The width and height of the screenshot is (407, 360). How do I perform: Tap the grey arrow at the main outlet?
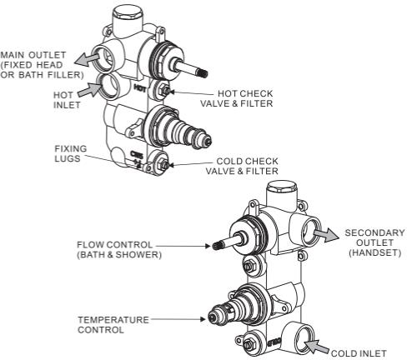tap(87, 60)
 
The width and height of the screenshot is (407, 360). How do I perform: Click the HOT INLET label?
tap(67, 100)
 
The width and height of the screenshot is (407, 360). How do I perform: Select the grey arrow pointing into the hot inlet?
tap(89, 90)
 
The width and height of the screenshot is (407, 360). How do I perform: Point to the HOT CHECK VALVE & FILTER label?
tap(237, 98)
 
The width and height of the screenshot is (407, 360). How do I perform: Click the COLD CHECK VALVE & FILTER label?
tap(242, 166)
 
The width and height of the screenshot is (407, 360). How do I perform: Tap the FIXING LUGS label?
tap(71, 153)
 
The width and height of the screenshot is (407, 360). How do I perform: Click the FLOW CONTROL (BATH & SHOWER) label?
tap(119, 249)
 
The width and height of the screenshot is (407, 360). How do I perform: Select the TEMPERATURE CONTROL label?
tap(113, 325)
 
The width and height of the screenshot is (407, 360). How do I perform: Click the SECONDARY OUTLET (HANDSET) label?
tap(374, 242)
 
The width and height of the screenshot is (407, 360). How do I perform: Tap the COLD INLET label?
tap(359, 353)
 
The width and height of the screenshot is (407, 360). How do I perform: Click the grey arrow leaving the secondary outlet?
tap(326, 235)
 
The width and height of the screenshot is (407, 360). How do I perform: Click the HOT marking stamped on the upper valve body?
tap(140, 88)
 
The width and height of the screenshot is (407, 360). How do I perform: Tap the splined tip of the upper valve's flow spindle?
tap(203, 73)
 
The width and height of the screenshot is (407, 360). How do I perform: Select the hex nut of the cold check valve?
tap(163, 164)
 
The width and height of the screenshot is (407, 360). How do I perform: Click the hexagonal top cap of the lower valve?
tap(282, 187)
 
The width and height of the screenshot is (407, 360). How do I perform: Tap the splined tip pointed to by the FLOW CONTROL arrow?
tap(217, 246)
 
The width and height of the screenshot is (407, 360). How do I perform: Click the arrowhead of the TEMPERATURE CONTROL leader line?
tap(203, 319)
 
